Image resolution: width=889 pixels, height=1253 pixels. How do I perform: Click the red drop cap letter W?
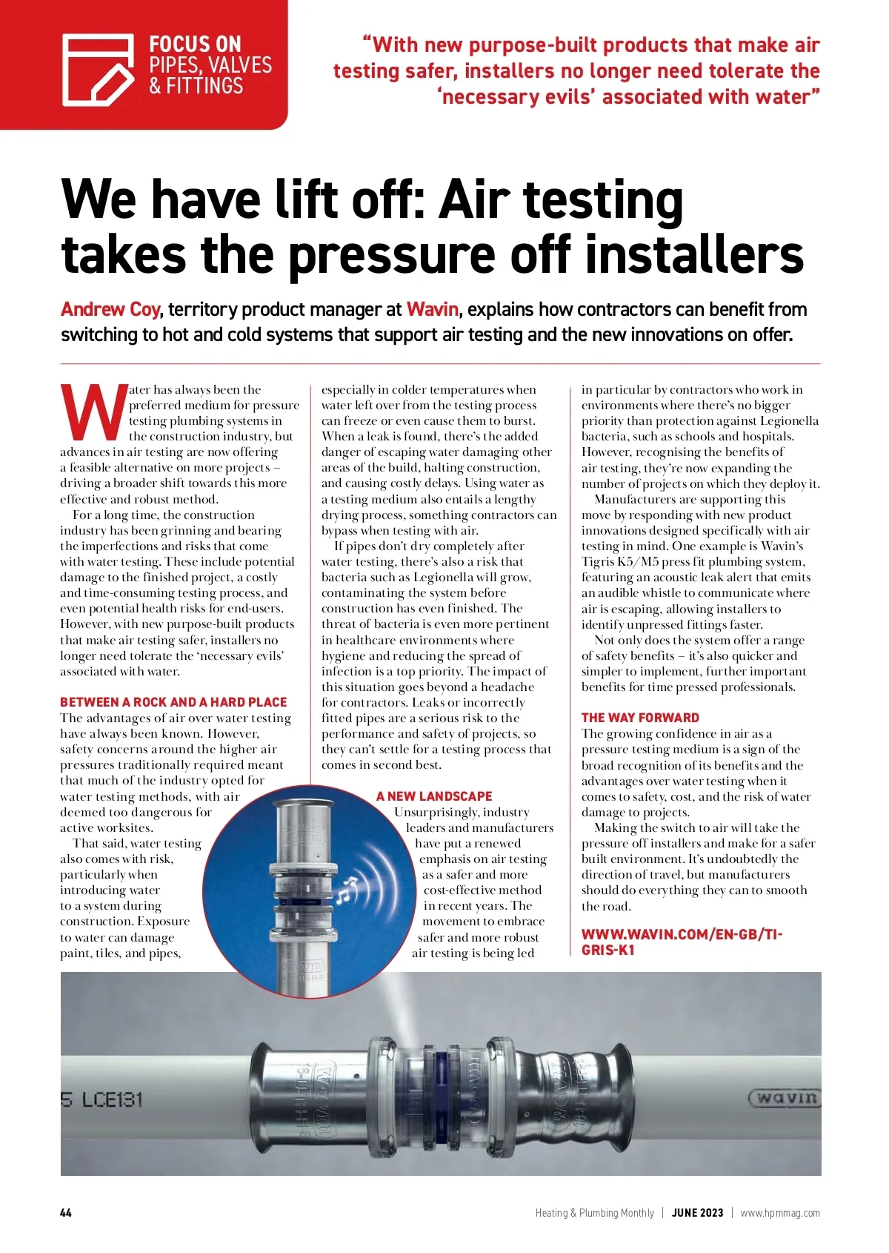tap(93, 411)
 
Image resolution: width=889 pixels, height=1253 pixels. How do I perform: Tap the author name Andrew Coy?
tap(110, 309)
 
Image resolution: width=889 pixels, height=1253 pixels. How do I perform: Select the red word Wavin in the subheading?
tap(433, 309)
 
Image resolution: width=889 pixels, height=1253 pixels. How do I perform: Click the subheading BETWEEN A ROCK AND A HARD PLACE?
tap(173, 702)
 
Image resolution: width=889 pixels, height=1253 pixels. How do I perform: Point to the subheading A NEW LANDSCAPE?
tap(434, 796)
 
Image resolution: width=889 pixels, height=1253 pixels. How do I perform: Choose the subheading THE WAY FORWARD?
tap(640, 718)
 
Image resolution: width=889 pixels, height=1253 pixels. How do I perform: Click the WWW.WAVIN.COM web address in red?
tap(682, 942)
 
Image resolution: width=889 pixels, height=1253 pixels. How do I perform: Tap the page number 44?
tap(66, 1213)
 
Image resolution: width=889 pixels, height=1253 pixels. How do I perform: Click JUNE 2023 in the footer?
tap(697, 1213)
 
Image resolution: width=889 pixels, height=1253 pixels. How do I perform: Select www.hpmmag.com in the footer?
tap(780, 1213)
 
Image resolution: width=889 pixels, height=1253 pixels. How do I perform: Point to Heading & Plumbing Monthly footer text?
tap(595, 1213)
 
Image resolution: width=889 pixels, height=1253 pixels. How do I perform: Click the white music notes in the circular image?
tap(347, 887)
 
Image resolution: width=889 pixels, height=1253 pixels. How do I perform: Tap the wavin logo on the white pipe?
tap(785, 1097)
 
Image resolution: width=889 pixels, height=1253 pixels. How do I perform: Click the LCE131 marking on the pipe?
tap(111, 1099)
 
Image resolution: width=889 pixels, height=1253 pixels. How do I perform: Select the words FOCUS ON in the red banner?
tap(195, 44)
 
